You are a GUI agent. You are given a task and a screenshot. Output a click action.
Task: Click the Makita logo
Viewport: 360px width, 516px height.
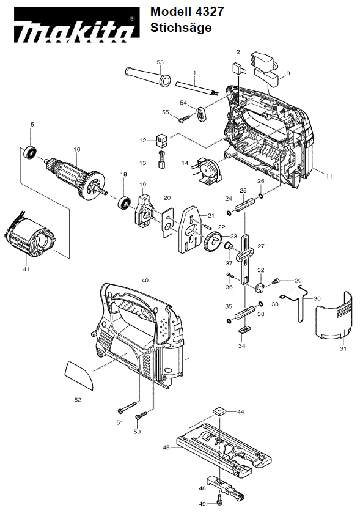click(76, 25)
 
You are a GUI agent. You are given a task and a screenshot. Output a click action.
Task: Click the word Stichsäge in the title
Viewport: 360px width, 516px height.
click(181, 28)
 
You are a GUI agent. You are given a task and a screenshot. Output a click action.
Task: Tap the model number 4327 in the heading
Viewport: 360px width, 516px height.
click(210, 12)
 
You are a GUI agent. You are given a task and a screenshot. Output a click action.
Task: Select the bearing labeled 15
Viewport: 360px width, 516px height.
click(30, 152)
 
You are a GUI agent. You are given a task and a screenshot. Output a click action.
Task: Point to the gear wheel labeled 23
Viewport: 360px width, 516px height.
click(213, 242)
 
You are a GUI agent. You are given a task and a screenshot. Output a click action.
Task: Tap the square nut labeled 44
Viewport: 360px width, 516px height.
click(218, 411)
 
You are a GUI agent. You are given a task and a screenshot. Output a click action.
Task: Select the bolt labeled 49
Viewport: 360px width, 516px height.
click(219, 499)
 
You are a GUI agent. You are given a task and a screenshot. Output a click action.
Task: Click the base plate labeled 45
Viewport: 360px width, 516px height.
click(224, 450)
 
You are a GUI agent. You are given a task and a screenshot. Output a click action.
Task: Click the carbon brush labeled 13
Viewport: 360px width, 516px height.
click(161, 160)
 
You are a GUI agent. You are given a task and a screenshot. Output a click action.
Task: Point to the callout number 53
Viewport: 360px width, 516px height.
click(160, 62)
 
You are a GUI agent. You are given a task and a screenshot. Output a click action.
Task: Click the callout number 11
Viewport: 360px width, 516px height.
click(329, 176)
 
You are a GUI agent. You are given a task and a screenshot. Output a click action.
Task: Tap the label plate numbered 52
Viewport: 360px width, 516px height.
click(78, 375)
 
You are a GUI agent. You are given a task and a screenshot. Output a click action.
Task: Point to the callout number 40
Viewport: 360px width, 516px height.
click(145, 281)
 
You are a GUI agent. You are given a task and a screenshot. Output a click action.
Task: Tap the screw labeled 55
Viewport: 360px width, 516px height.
click(184, 119)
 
